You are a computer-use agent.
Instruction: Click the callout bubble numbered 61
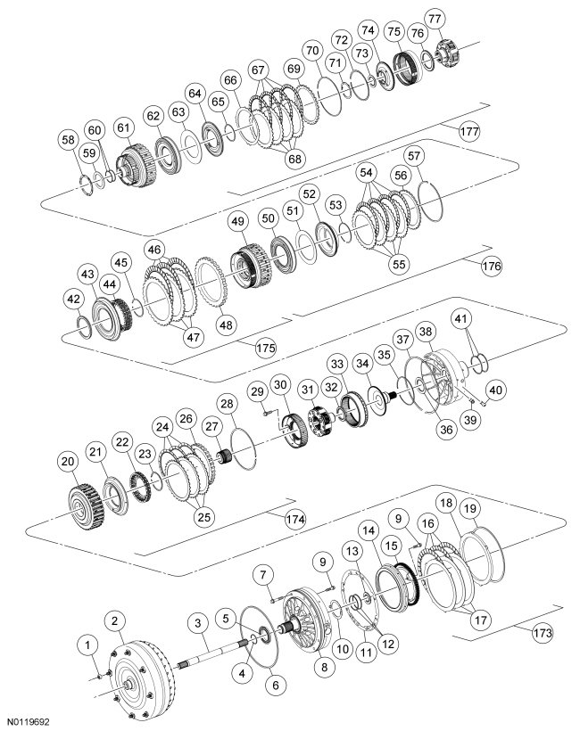pyautogui.click(x=123, y=128)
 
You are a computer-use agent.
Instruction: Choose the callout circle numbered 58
pyautogui.click(x=68, y=140)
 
